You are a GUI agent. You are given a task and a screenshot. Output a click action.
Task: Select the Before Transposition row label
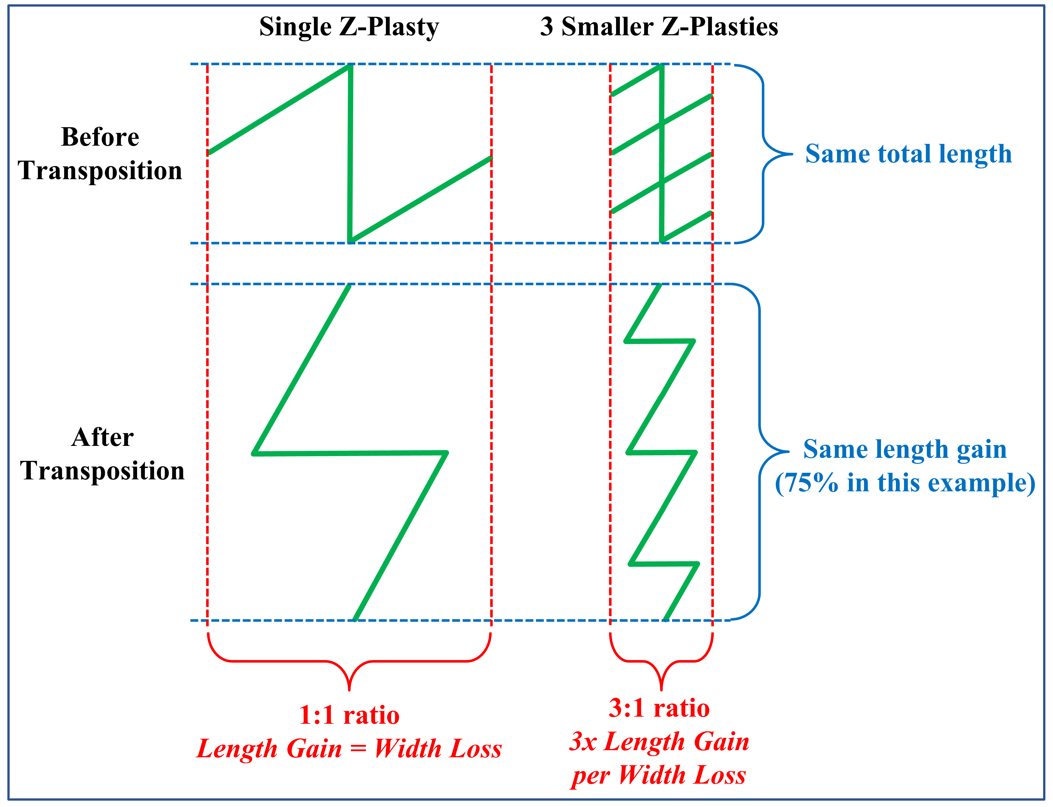[100, 154]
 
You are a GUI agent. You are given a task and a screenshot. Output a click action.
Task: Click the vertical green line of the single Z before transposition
[350, 154]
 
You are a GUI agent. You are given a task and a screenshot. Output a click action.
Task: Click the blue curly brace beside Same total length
[764, 154]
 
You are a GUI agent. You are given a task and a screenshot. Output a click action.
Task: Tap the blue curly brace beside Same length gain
[761, 451]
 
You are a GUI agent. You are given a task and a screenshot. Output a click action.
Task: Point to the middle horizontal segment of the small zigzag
[662, 452]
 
